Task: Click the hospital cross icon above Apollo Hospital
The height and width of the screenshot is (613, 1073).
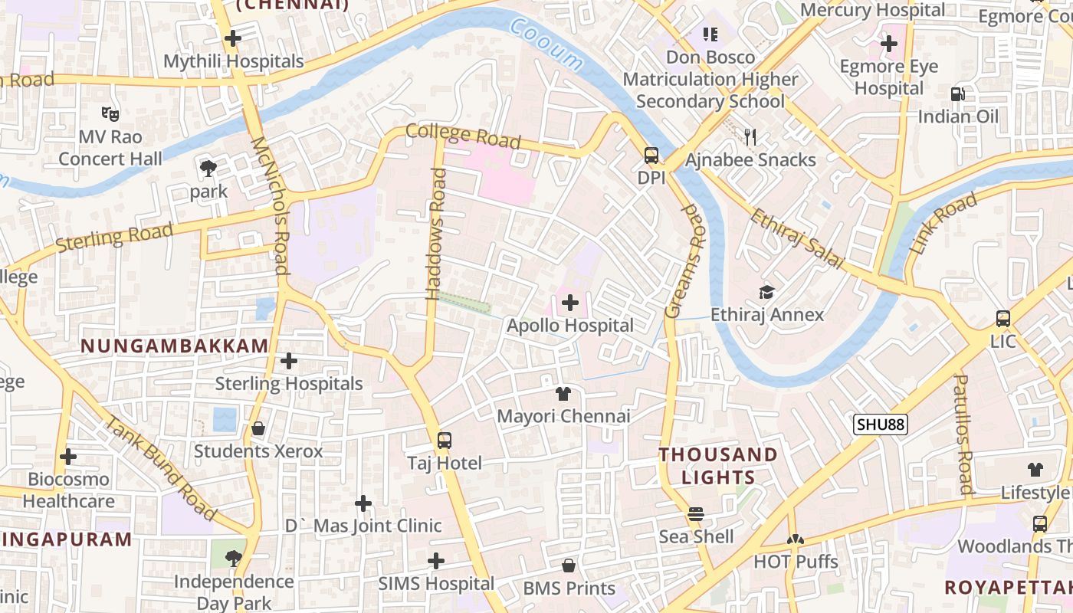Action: (570, 303)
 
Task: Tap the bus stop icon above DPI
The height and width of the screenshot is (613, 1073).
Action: (651, 156)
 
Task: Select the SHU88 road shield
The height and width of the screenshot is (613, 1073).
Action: (881, 425)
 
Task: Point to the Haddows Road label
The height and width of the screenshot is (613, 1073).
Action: (435, 234)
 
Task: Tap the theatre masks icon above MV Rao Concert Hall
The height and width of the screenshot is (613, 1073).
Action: (110, 114)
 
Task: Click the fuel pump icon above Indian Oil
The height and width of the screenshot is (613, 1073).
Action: (958, 94)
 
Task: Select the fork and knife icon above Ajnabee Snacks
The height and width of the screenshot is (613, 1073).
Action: (750, 137)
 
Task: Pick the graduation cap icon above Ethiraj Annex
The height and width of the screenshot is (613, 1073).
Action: (766, 292)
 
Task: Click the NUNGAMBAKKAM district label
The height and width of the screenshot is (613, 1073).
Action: (175, 346)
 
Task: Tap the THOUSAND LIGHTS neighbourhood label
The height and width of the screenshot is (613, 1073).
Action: (718, 466)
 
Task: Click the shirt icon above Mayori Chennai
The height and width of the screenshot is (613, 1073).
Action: (563, 394)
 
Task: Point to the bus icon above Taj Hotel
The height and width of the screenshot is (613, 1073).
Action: (445, 441)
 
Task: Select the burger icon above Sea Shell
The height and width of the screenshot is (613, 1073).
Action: (696, 514)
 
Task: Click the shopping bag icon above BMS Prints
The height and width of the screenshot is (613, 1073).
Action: (569, 566)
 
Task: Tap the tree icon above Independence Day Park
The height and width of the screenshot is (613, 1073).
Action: (234, 559)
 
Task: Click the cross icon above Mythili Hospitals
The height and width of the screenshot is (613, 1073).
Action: (233, 38)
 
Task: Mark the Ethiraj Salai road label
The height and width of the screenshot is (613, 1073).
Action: (796, 239)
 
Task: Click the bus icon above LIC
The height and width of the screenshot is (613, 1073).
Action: (1002, 319)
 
